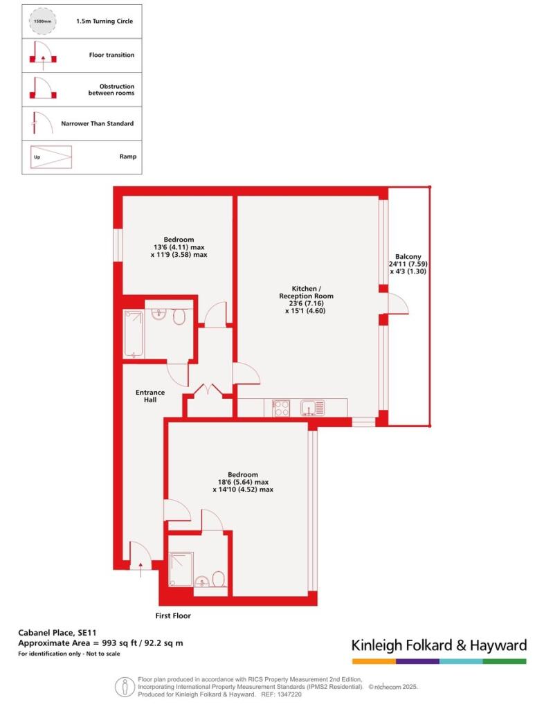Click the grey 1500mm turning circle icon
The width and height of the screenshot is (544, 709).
(x=42, y=21)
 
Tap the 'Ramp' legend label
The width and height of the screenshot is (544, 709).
(x=128, y=156)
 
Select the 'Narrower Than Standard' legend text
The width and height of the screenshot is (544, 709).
(x=97, y=123)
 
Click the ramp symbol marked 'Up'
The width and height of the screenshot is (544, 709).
(x=51, y=157)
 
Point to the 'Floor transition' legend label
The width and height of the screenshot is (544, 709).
(x=111, y=55)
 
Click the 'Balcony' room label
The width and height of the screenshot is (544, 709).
(x=408, y=256)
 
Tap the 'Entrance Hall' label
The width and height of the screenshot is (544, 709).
(x=150, y=396)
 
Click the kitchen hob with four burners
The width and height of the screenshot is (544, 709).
(x=281, y=408)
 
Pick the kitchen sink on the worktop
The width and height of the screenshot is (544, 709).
(x=312, y=408)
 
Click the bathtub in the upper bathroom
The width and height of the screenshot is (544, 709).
(x=134, y=334)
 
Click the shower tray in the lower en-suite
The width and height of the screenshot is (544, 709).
(x=181, y=569)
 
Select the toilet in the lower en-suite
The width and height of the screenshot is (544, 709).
(x=219, y=580)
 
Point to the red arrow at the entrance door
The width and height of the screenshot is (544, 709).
(x=140, y=570)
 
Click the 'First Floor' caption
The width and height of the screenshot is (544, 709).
(x=173, y=616)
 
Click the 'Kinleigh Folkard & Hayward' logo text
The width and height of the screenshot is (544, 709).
(x=439, y=645)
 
